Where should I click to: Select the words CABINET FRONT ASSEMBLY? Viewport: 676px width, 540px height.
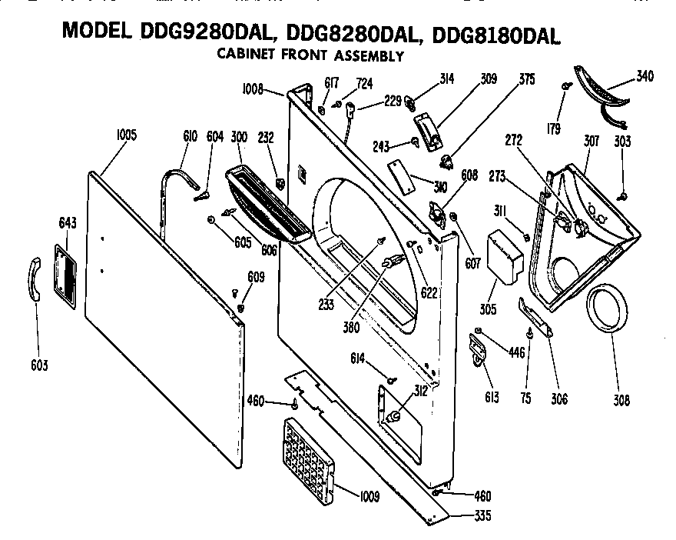[310, 55]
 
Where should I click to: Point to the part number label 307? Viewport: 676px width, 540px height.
[591, 142]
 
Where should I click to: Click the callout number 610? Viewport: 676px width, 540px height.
[191, 136]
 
